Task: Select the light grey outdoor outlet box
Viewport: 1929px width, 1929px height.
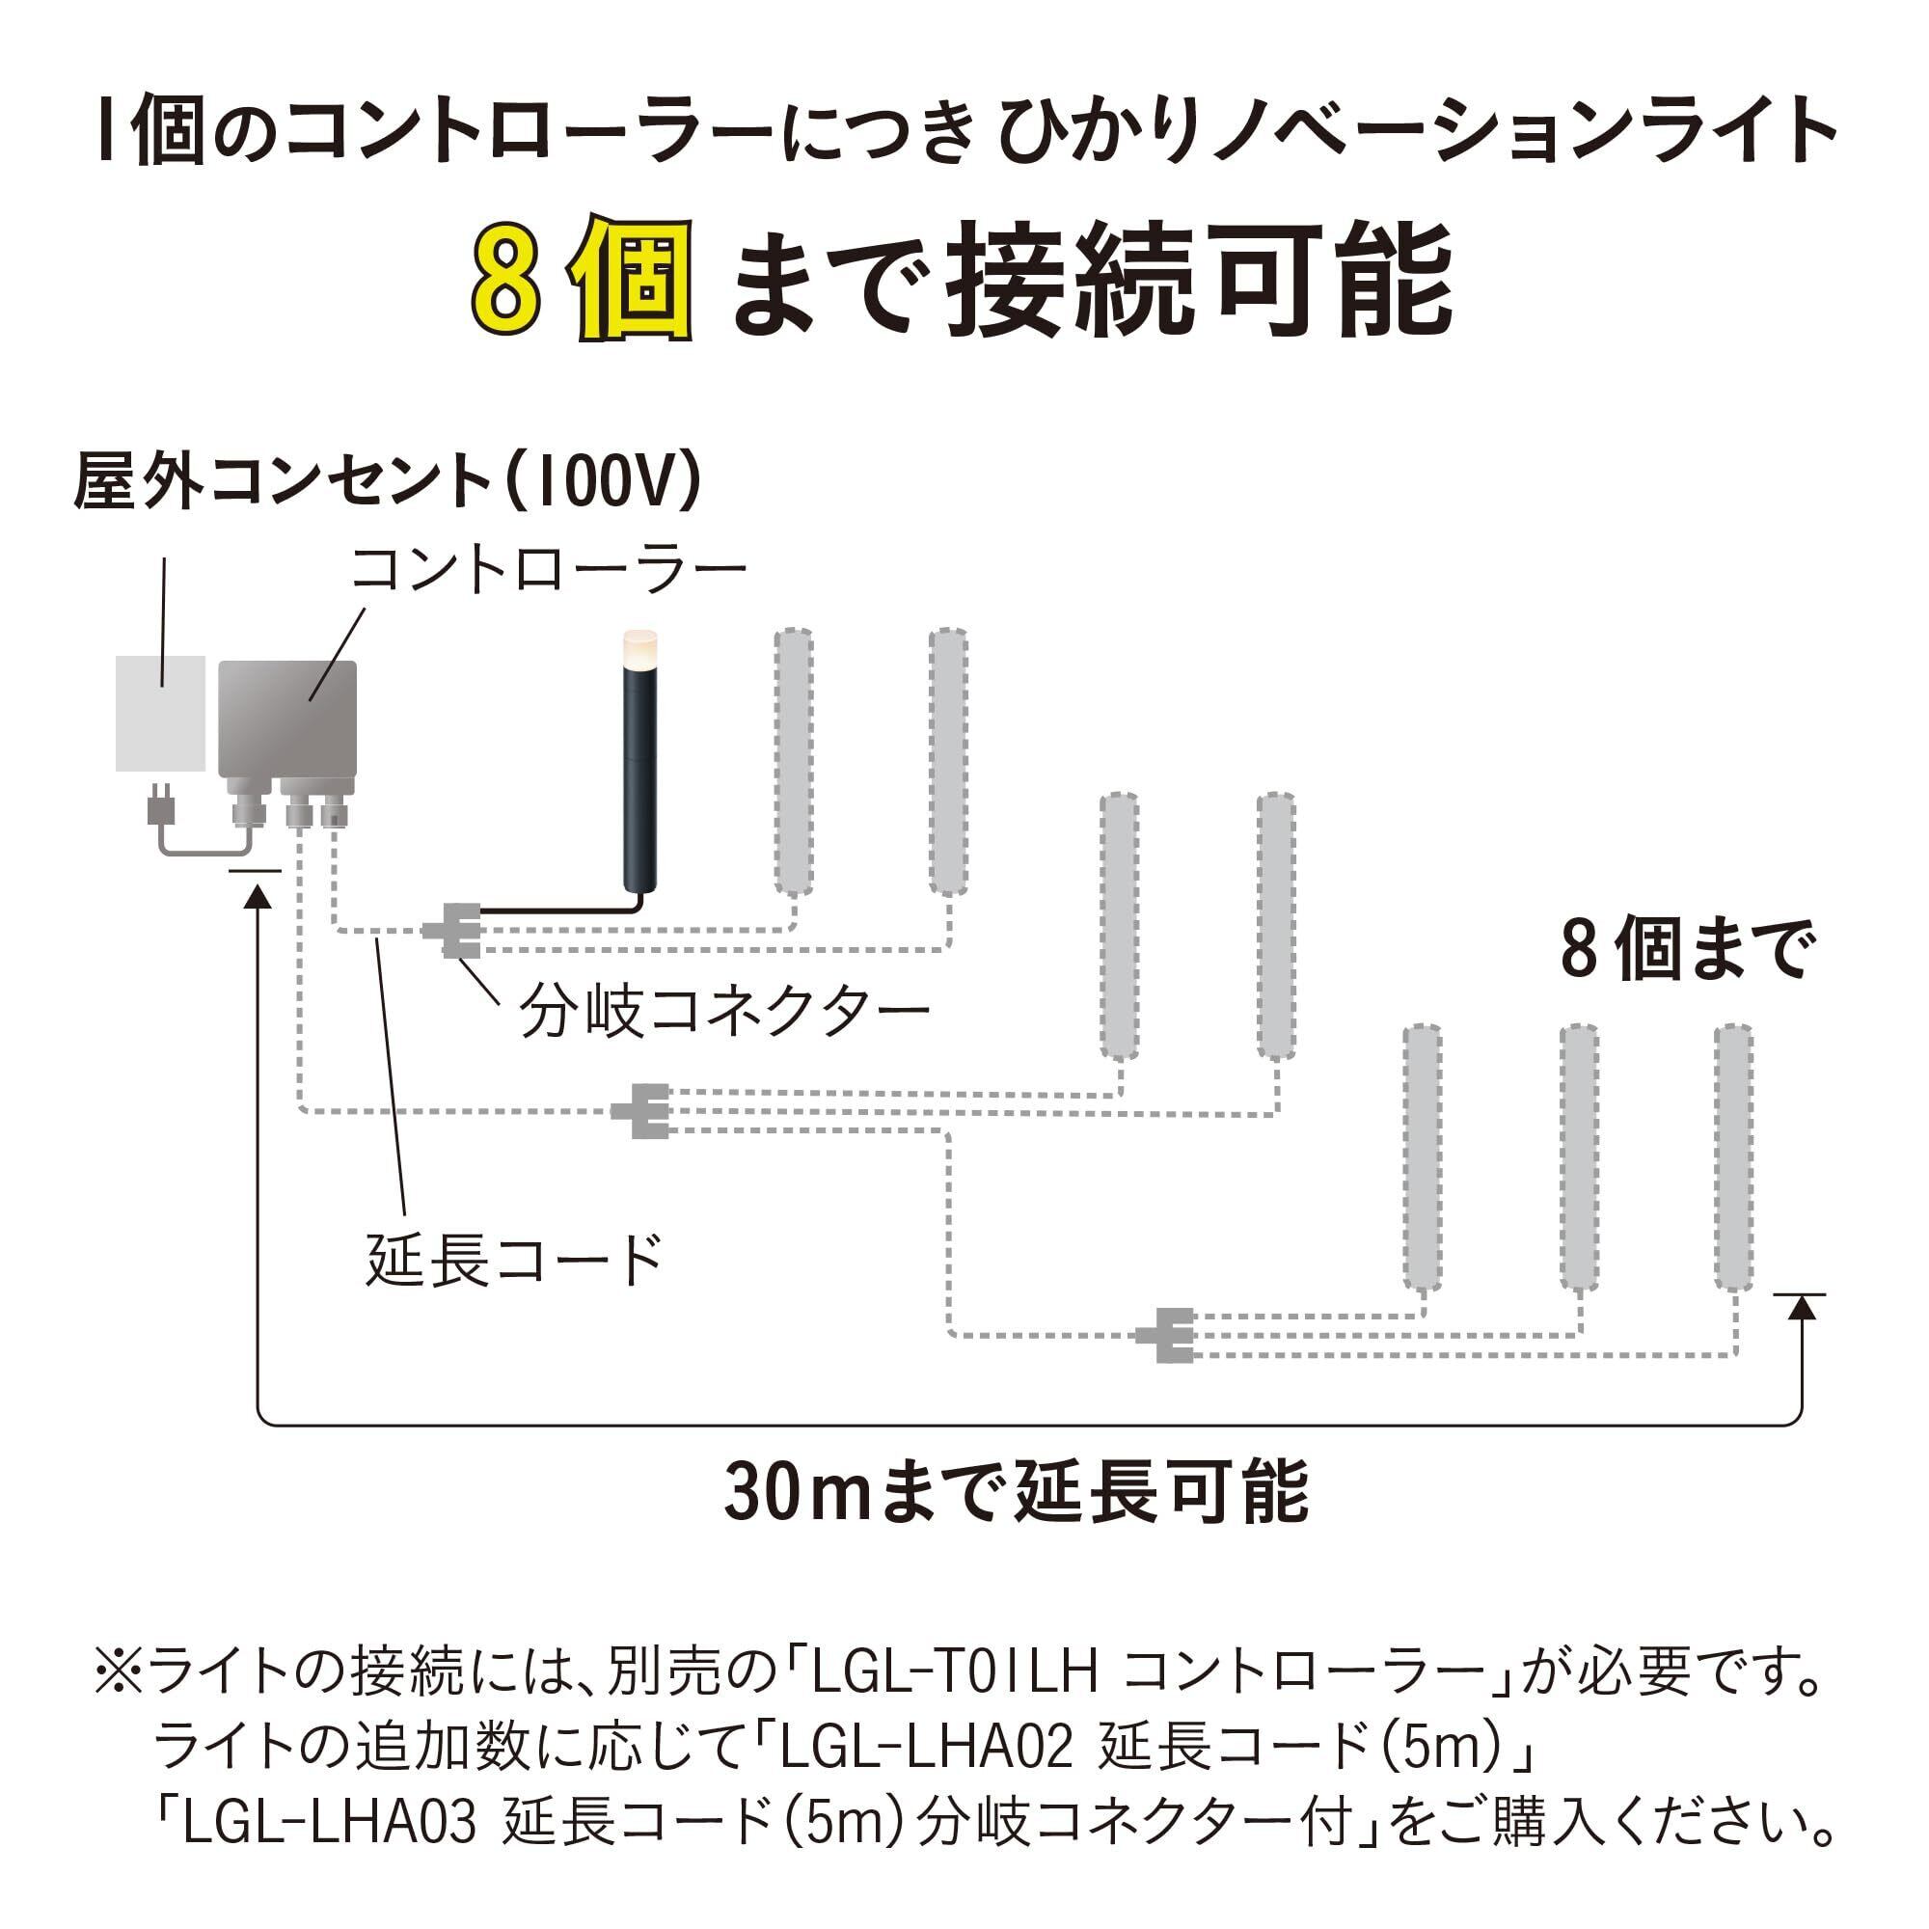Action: click(x=160, y=713)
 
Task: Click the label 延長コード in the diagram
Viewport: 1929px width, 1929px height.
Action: click(x=514, y=1259)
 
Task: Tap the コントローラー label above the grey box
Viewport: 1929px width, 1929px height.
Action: click(x=548, y=570)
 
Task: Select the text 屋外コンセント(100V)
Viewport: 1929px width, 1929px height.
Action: click(x=388, y=482)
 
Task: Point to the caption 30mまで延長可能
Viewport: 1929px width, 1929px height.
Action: click(x=1016, y=1492)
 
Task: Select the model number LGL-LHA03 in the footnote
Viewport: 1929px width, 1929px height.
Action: click(x=330, y=1823)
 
